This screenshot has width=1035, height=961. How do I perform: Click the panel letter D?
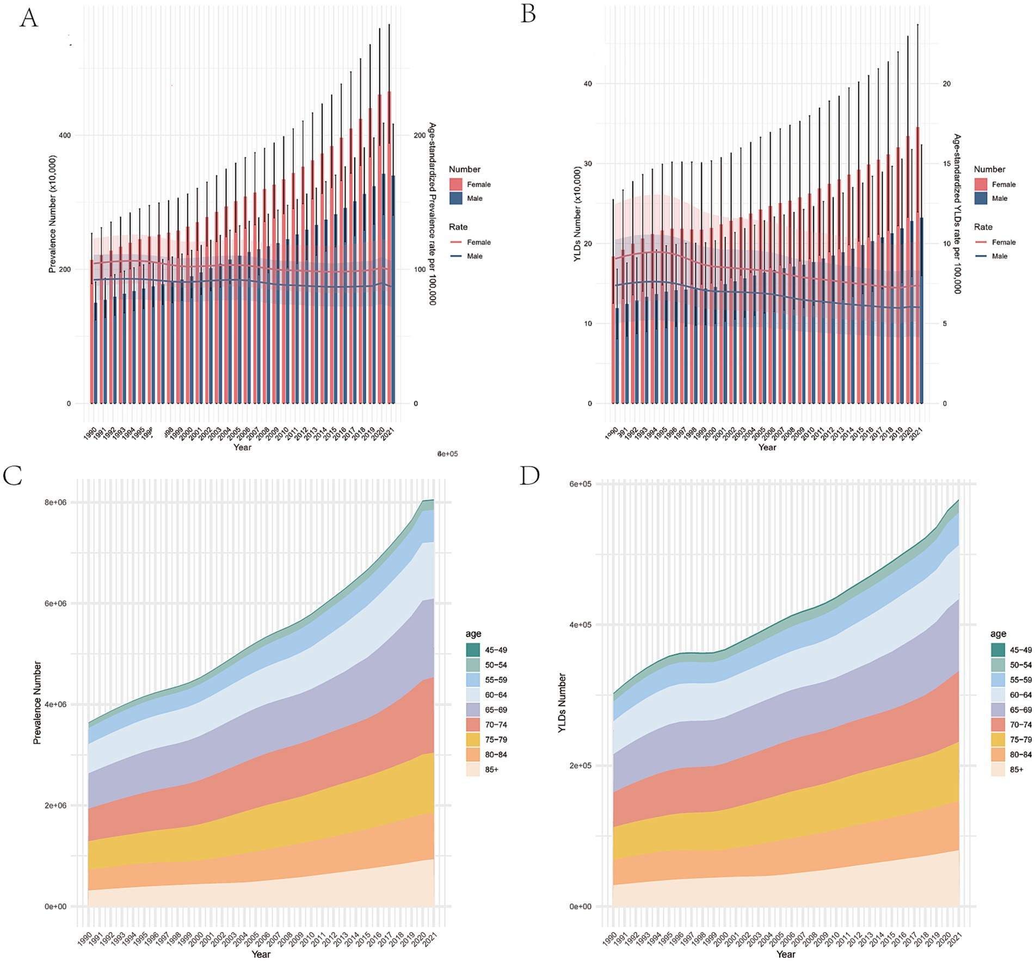click(x=529, y=476)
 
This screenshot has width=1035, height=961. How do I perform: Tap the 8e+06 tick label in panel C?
click(x=56, y=502)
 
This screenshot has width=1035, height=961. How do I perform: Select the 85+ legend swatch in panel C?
click(x=473, y=769)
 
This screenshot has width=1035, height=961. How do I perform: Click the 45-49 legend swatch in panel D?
click(x=998, y=650)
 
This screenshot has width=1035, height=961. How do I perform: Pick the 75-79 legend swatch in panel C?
click(x=473, y=740)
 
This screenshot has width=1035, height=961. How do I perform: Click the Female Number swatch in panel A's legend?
click(x=455, y=184)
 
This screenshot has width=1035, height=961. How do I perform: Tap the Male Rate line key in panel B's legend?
click(x=981, y=256)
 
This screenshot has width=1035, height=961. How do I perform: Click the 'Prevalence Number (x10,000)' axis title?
click(x=52, y=214)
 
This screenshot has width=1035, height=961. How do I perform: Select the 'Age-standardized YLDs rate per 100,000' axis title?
click(x=957, y=214)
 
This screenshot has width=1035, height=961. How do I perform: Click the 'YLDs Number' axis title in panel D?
click(x=562, y=703)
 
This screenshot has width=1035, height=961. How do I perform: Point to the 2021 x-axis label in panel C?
click(x=430, y=939)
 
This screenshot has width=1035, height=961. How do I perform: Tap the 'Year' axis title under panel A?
click(x=242, y=447)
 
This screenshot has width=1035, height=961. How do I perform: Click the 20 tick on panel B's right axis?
click(x=947, y=84)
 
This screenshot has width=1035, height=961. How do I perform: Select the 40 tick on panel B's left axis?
click(x=588, y=84)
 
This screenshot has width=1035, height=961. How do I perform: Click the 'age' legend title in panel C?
click(x=473, y=634)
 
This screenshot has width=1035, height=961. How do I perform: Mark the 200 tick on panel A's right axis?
click(x=420, y=135)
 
